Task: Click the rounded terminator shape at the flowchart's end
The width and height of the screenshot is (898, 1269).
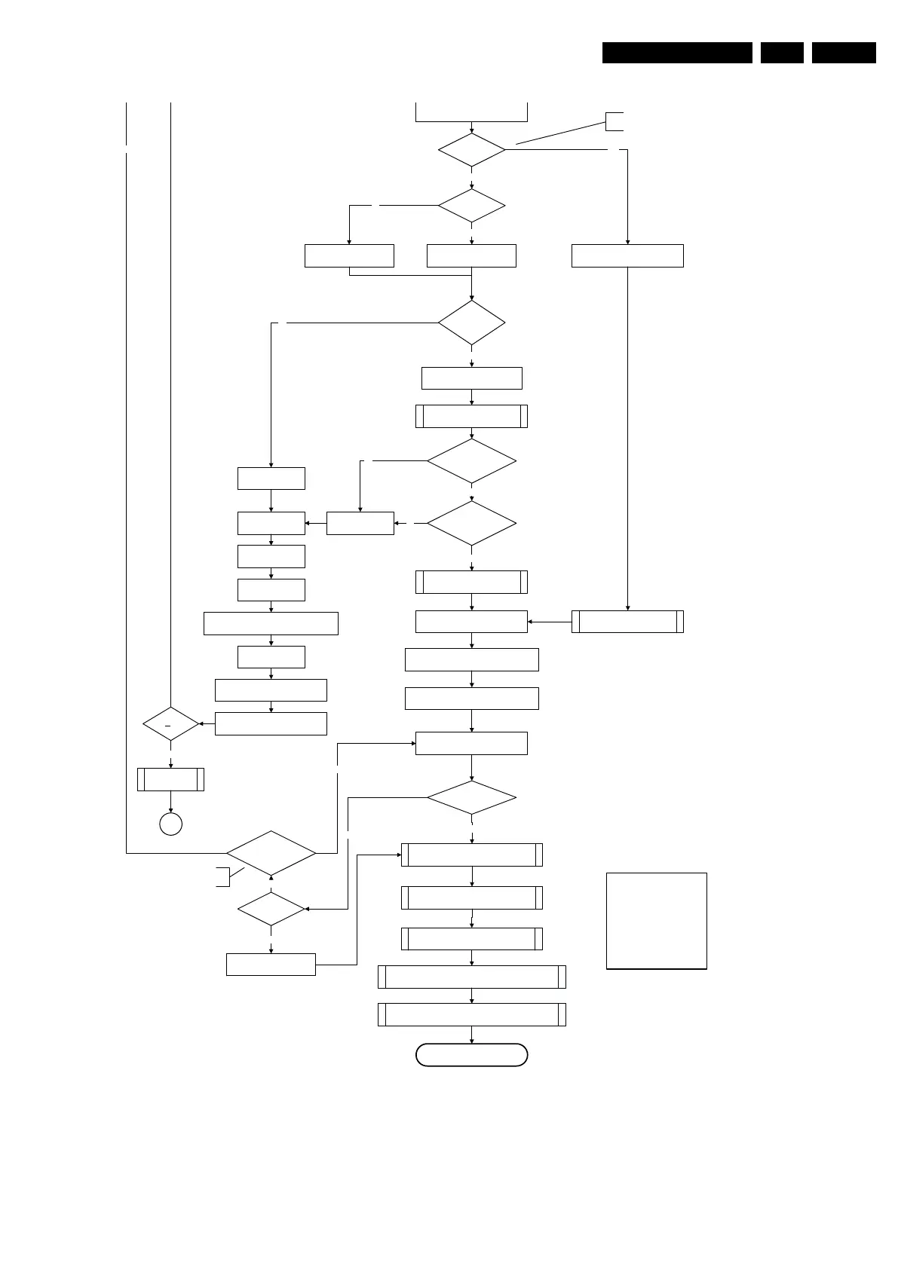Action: tap(471, 1055)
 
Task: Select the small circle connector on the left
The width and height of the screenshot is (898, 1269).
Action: tap(171, 824)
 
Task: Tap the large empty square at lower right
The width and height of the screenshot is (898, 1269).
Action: tap(657, 920)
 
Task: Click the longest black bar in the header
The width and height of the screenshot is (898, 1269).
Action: tap(677, 53)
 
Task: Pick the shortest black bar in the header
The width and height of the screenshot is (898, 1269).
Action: tap(782, 53)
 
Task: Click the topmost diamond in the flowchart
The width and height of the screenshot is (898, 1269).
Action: tap(471, 150)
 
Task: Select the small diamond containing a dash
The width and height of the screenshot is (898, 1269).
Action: tap(170, 724)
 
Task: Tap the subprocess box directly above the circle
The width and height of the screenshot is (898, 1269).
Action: tap(170, 779)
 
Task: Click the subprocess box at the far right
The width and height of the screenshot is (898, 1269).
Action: tap(627, 622)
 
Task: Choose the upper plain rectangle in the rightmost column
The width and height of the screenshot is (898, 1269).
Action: tap(627, 255)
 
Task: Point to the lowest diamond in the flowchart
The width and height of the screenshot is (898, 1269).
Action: tap(271, 910)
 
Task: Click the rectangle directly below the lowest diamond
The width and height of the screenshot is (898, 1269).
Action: tap(271, 965)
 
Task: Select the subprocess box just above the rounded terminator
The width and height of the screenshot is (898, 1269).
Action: tap(471, 1014)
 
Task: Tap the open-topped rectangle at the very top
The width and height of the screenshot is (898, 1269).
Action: tap(471, 111)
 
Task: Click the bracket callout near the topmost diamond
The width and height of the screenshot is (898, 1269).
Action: tap(614, 121)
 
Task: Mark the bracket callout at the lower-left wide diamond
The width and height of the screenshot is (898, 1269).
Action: tap(222, 876)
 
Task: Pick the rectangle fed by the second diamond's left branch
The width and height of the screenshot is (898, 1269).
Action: tap(349, 255)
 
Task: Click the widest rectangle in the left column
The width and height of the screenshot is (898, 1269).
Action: tap(271, 623)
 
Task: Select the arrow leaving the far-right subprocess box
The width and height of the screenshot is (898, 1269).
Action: tap(550, 622)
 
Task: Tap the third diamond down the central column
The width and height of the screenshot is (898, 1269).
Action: tap(471, 323)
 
